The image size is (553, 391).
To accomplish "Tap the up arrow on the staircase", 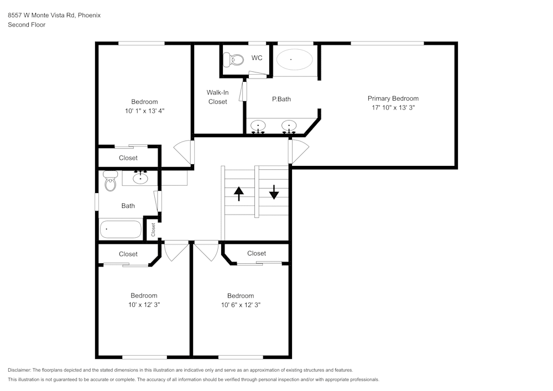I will point(239,193).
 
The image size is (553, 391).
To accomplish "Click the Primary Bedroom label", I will point(393,98).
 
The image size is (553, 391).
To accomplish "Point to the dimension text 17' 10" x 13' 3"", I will point(393,108).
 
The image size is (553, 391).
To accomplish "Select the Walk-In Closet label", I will point(217,97).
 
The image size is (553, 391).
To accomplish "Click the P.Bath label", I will point(281,99).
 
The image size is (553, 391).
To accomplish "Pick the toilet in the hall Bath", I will point(111,181).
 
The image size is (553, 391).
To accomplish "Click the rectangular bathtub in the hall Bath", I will point(121,229).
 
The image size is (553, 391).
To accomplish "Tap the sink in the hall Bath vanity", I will point(141,178).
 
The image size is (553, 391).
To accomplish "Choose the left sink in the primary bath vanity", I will point(258,126).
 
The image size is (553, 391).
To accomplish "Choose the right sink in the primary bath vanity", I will point(288,126).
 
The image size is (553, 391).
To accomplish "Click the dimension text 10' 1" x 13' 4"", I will point(144,111).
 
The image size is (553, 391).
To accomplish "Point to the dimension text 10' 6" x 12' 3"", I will point(241,305).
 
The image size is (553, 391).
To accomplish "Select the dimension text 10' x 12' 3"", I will point(144,305).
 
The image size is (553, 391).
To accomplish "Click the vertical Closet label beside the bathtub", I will point(153,230).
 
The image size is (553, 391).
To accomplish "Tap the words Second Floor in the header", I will point(27,25).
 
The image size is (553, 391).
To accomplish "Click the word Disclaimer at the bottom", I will point(19,370).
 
